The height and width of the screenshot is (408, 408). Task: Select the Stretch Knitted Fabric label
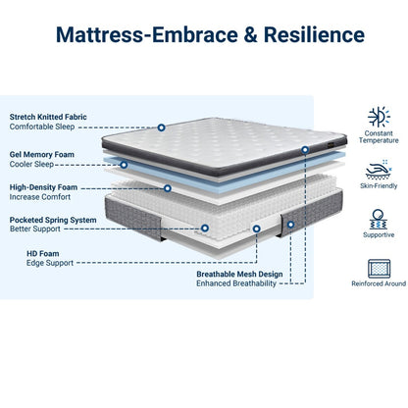[x=48, y=117]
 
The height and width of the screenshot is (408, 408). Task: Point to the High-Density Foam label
[x=44, y=186]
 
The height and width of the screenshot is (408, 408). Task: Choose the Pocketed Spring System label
[x=53, y=221]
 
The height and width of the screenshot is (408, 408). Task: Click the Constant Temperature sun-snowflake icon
[x=379, y=117]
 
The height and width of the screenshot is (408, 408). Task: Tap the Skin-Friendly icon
[x=379, y=168]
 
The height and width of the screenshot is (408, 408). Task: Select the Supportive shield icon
[x=379, y=220]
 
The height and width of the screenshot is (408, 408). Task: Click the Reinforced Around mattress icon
[x=379, y=268]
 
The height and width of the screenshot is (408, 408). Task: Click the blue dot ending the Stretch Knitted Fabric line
[x=161, y=127]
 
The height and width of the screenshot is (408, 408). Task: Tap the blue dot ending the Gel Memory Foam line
[x=306, y=150]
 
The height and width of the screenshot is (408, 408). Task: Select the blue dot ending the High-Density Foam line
[x=168, y=187]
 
